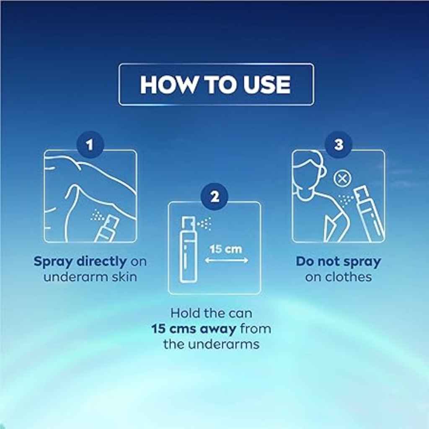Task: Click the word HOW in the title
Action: click(163, 85)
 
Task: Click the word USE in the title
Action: click(266, 85)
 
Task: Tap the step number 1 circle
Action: click(90, 145)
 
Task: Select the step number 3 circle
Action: click(339, 145)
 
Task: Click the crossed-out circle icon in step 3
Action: click(342, 179)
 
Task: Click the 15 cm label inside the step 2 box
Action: click(225, 249)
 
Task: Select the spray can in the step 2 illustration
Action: click(188, 251)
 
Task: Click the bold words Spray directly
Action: click(80, 262)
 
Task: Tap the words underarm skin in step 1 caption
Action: click(90, 277)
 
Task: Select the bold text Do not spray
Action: click(339, 262)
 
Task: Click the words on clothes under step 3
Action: click(339, 277)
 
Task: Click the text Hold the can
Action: click(211, 313)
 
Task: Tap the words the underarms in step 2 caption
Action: click(211, 344)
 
